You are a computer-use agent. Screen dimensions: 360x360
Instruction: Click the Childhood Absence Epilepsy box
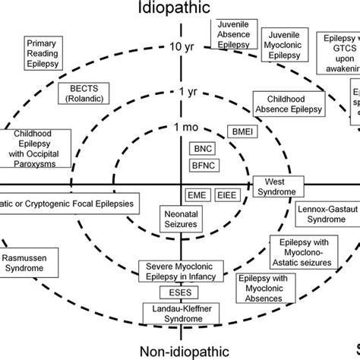coord(287,104)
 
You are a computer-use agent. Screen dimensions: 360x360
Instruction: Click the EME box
coord(198,194)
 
